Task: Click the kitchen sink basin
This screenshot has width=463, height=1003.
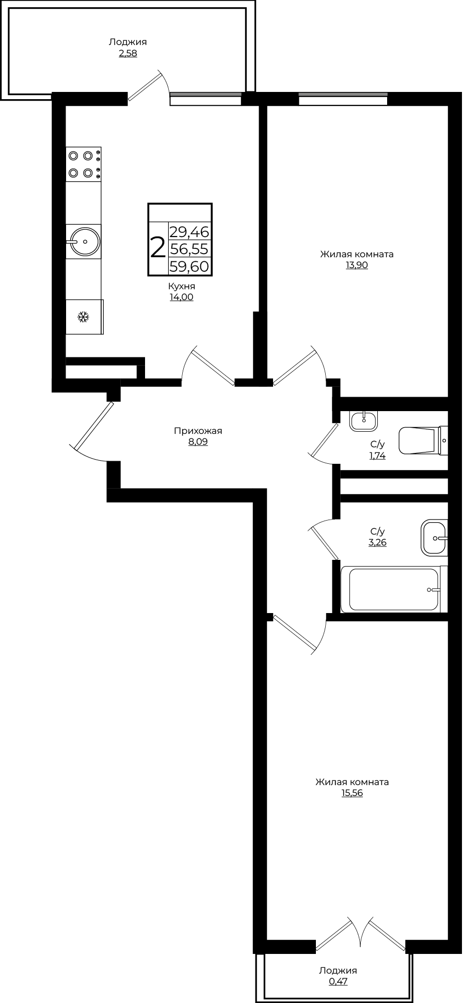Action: click(x=85, y=241)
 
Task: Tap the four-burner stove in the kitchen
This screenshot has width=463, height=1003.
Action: click(x=84, y=164)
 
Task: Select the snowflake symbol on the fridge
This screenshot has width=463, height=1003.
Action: click(x=83, y=317)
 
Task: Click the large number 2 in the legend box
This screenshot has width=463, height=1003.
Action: click(x=157, y=248)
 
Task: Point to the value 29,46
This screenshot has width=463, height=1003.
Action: click(x=189, y=232)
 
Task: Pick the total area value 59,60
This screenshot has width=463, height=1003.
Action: click(x=189, y=267)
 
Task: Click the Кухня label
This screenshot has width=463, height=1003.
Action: click(x=182, y=286)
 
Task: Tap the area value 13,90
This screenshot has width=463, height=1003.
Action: click(x=357, y=265)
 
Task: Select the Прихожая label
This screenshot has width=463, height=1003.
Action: click(x=198, y=431)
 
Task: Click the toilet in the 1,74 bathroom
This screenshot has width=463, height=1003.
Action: click(x=424, y=441)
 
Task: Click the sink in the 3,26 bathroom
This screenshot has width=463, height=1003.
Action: click(x=434, y=538)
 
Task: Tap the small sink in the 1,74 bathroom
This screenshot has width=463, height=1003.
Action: click(x=364, y=421)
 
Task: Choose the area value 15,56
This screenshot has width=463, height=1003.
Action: click(x=352, y=793)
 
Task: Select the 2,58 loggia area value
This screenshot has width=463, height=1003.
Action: click(x=128, y=53)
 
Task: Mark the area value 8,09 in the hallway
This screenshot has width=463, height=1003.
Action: click(x=198, y=442)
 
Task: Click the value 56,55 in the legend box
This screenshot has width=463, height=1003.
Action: click(x=189, y=249)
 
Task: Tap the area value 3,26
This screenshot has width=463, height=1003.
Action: click(x=377, y=542)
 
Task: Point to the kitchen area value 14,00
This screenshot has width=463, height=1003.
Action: click(x=182, y=297)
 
